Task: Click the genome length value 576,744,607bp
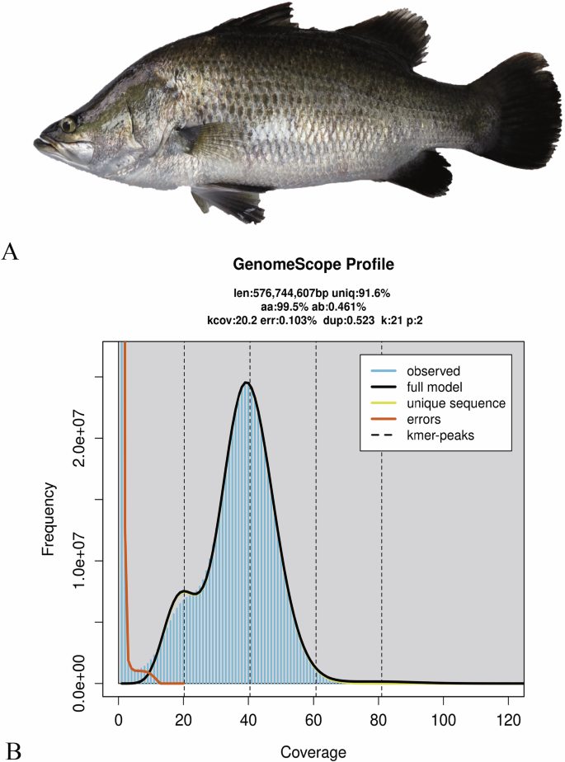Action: pyautogui.click(x=299, y=293)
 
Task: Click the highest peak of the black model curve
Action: pyautogui.click(x=246, y=383)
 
